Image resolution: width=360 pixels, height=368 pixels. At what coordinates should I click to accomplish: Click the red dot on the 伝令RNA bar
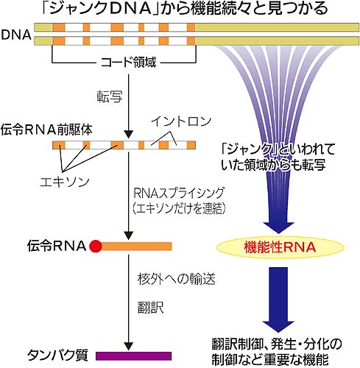coord(96,247)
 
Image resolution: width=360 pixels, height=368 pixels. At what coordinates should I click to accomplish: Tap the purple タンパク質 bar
coord(133,356)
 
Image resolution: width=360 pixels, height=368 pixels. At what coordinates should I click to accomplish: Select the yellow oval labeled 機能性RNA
coord(280,247)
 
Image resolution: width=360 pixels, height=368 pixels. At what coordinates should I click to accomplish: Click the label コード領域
coord(128,62)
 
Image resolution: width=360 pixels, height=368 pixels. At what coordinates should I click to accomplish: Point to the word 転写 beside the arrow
coord(110,96)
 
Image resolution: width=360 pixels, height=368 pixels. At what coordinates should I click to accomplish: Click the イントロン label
coord(181,121)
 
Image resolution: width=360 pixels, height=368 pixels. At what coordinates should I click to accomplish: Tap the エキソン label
coord(65,182)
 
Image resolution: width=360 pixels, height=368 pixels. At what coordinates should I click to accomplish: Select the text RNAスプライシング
coord(179,193)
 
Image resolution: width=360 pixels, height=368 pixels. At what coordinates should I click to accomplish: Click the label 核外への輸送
coord(177,279)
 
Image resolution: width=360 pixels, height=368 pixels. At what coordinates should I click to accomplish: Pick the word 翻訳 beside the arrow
coord(150,307)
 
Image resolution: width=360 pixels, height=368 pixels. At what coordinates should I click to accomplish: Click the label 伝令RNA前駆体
coord(46,130)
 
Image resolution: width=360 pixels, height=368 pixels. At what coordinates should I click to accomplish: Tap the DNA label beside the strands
coord(16,35)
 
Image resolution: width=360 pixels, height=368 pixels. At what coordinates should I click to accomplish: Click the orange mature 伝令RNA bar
coord(136,247)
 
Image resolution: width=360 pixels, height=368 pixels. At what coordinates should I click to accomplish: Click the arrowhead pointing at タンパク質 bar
coord(128,347)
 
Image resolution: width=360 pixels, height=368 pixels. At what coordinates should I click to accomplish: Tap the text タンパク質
coord(57,355)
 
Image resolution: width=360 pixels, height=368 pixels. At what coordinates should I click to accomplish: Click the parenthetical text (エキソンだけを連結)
coord(179,208)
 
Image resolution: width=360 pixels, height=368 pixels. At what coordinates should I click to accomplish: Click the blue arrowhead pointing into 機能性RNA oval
coord(278,227)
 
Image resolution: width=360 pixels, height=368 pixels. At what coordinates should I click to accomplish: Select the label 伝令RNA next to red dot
coord(57,246)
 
